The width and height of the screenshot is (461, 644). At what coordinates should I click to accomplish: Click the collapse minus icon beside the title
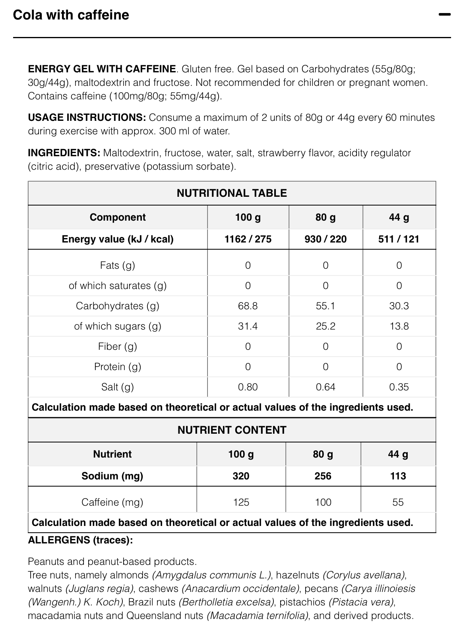point(444,15)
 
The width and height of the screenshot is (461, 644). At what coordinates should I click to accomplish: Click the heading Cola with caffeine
point(71,15)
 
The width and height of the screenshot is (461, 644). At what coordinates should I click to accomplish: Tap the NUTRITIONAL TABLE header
point(232,193)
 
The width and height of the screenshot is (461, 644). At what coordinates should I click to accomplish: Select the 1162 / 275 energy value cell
point(248,239)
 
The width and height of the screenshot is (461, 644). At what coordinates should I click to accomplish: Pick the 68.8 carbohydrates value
point(248,306)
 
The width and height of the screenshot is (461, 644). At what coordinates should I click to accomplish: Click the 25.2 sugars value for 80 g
point(325,326)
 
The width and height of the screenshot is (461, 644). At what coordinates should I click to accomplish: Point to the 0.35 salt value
point(399,387)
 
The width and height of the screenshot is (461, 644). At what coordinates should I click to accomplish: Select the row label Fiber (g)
point(118,346)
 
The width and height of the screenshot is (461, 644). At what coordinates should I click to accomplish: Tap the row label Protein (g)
point(118,367)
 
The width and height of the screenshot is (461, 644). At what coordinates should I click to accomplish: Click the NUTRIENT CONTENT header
point(232,430)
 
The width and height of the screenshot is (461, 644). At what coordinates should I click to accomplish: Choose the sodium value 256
point(323,476)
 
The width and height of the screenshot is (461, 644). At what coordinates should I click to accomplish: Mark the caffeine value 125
point(241,502)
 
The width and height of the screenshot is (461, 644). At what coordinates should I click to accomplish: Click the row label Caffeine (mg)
point(112,502)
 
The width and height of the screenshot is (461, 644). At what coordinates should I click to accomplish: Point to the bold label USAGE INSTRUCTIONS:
point(87,118)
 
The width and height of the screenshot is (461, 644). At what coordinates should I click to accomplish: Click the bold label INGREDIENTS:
point(64,153)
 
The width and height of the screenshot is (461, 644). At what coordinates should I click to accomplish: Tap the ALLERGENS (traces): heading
point(80,540)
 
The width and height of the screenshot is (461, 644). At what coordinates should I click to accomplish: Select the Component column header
point(118,217)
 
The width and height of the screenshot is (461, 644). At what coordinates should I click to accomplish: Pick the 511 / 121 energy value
point(399,239)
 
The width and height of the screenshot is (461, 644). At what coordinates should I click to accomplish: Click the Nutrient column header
point(112,454)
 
